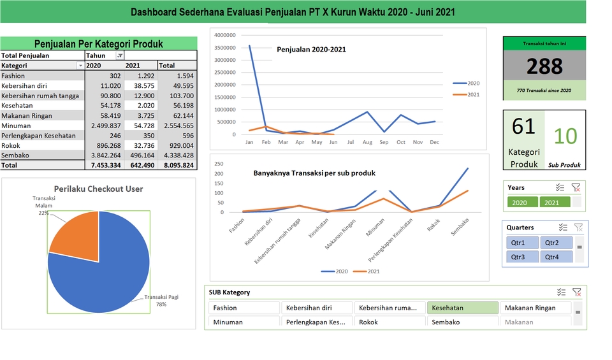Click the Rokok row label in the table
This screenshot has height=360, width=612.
point(11,145)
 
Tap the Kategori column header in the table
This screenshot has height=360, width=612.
point(15,66)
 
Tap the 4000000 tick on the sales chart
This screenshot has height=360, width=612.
point(225,35)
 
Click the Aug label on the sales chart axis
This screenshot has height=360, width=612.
point(367,142)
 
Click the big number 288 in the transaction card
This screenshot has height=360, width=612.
point(544,66)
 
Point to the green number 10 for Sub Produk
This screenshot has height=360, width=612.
point(565,136)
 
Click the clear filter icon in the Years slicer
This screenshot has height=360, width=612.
point(576,187)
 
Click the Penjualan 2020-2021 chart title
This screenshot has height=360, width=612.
point(311,49)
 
